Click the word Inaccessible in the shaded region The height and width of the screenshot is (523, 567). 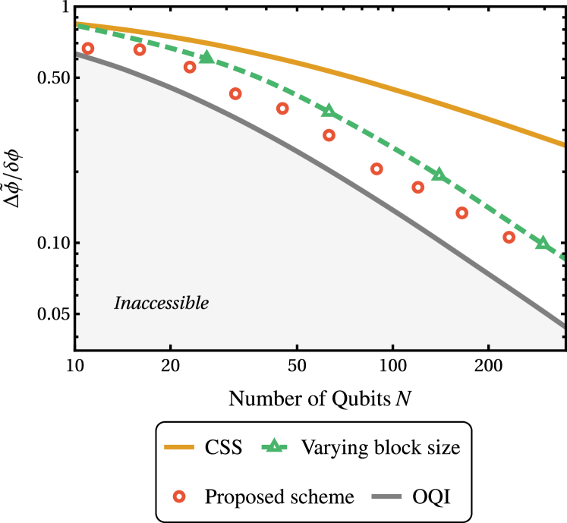[161, 304]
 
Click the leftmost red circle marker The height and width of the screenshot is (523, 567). [88, 49]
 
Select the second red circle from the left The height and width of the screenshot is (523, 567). [140, 50]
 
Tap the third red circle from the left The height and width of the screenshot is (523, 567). [190, 68]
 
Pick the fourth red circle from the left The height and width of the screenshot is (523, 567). [235, 94]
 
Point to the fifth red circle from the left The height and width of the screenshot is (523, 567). [282, 109]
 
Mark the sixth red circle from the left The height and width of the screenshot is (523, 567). [329, 135]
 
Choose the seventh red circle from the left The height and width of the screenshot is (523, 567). [376, 169]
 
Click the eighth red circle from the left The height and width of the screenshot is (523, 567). [418, 187]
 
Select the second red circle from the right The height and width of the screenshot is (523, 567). [462, 213]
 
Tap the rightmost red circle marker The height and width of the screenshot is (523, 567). [509, 238]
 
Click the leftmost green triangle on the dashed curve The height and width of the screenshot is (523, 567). [206, 57]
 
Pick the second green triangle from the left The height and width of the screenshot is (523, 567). [329, 112]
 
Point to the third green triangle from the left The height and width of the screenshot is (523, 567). [439, 175]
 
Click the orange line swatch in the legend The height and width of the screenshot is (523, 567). [179, 447]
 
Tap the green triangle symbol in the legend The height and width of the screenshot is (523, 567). [274, 446]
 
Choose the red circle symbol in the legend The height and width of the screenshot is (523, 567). [179, 496]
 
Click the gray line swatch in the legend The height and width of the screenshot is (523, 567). [386, 496]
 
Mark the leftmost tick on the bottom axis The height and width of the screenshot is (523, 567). [171, 349]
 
